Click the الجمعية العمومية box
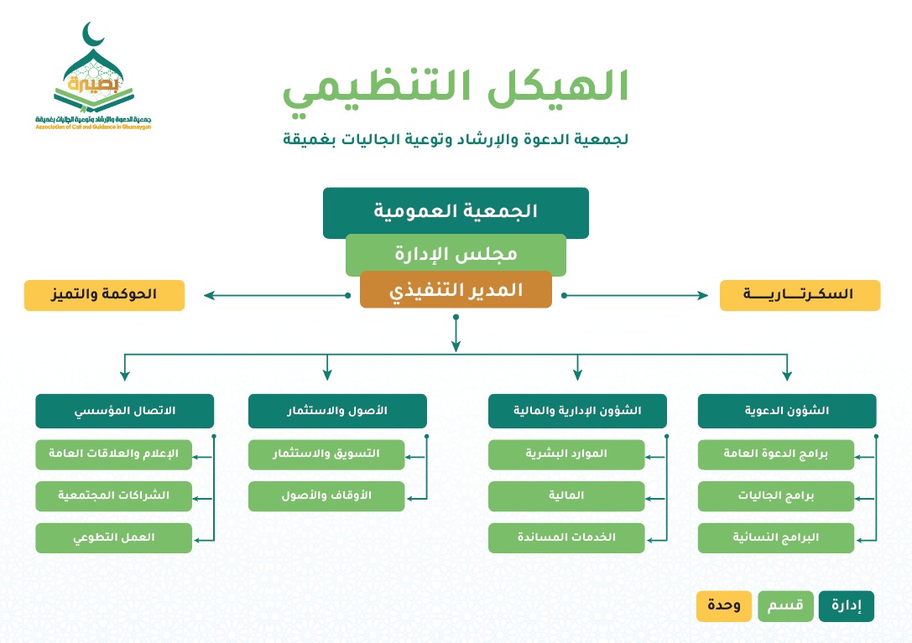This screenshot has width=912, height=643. [x=456, y=212]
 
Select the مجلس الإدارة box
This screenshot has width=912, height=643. [x=456, y=254]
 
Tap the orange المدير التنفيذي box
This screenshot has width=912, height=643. [x=456, y=290]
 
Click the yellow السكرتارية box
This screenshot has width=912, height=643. [x=800, y=295]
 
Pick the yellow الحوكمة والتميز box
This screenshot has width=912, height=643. [x=104, y=295]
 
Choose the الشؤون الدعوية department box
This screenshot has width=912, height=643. [x=787, y=411]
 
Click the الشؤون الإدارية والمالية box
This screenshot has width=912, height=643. [x=577, y=411]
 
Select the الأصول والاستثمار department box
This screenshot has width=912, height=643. [x=337, y=411]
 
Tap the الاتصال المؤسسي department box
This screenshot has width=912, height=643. [x=124, y=411]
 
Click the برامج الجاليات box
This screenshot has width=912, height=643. [x=775, y=495]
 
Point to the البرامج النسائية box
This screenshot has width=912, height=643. [x=775, y=537]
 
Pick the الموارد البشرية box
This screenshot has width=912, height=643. [x=566, y=454]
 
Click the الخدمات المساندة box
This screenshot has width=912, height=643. [x=566, y=537]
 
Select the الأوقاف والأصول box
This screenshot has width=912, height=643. [x=326, y=495]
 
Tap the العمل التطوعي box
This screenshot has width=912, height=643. [x=113, y=537]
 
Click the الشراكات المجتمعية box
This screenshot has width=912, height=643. [x=113, y=495]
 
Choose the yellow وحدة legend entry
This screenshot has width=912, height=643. [x=723, y=606]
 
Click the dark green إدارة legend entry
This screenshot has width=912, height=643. [x=846, y=606]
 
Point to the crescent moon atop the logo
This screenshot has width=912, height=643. [x=93, y=36]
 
